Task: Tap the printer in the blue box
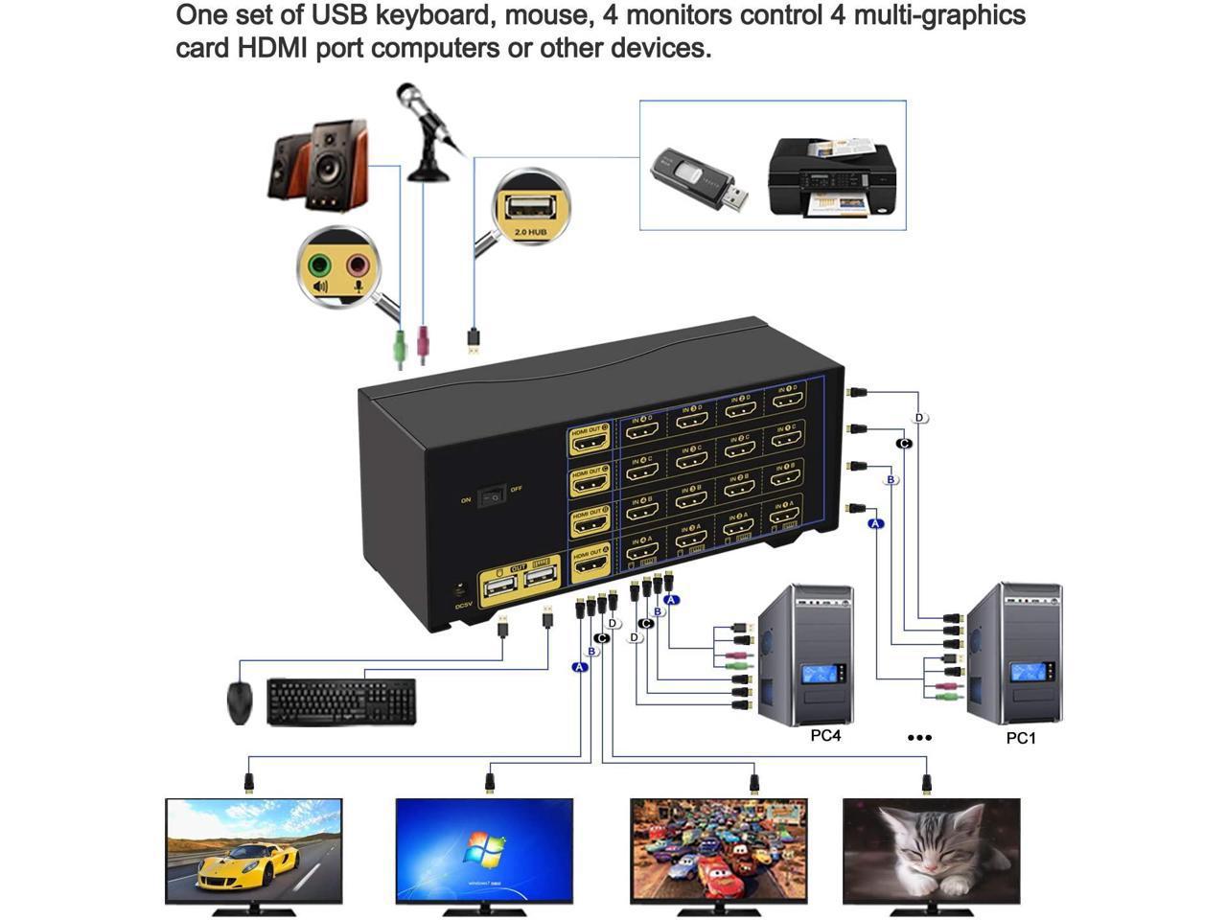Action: pyautogui.click(x=831, y=177)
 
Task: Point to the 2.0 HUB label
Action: pyautogui.click(x=530, y=233)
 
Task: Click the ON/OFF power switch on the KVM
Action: pyautogui.click(x=492, y=495)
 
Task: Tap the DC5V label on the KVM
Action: pyautogui.click(x=464, y=606)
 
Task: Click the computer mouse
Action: pyautogui.click(x=240, y=702)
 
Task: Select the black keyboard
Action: pyautogui.click(x=341, y=701)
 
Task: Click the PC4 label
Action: pyautogui.click(x=824, y=736)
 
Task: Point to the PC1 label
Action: pyautogui.click(x=1021, y=738)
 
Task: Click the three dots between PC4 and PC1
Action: pyautogui.click(x=919, y=737)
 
